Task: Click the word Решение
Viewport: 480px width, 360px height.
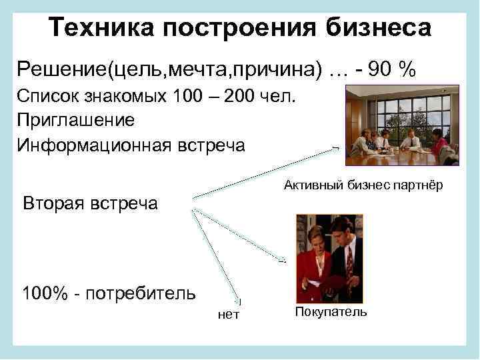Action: point(63,67)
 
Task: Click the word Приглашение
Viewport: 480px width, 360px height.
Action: point(76,121)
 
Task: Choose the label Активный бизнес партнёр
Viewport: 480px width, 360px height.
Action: point(363,185)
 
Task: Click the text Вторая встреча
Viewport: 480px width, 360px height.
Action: point(91,203)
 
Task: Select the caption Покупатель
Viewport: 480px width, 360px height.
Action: point(331,312)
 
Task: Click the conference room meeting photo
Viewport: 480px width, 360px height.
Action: point(402,125)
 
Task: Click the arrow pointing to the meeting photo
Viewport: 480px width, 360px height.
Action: point(267,171)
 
